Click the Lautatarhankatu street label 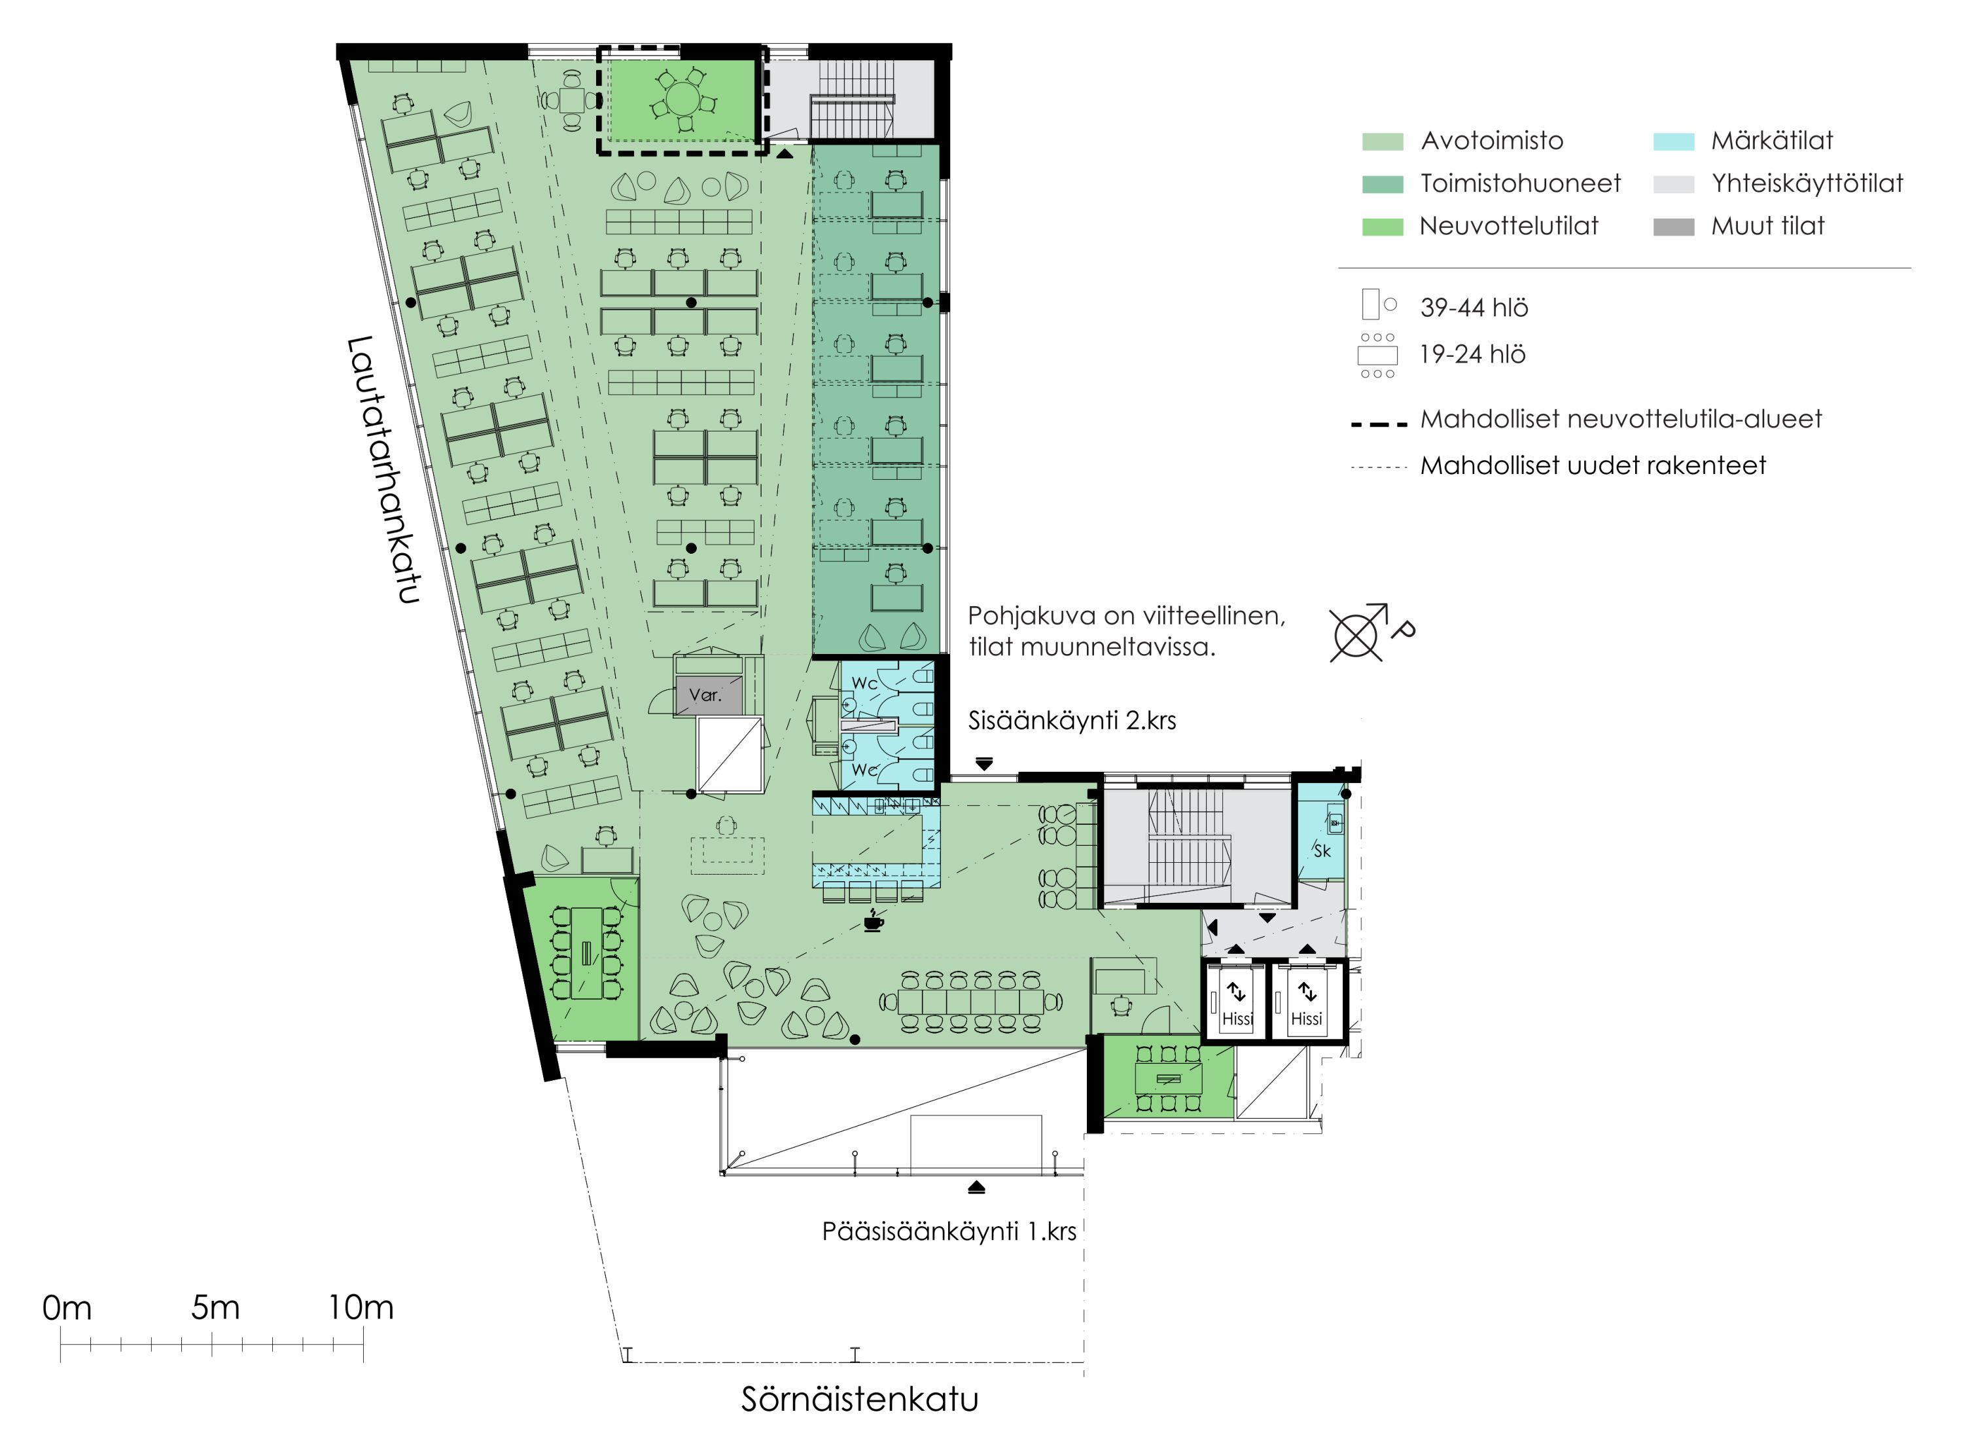(383, 470)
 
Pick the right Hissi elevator (1307, 1002)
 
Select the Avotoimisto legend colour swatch (1382, 141)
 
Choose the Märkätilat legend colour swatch (1673, 141)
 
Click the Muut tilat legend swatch (1673, 227)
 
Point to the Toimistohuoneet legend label (1520, 183)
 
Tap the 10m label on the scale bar (361, 1307)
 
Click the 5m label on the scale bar (215, 1307)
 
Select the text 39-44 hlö (1474, 308)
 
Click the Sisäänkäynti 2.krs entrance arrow (983, 763)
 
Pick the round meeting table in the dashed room (683, 100)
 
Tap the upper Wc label (864, 683)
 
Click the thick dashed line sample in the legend (1379, 425)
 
